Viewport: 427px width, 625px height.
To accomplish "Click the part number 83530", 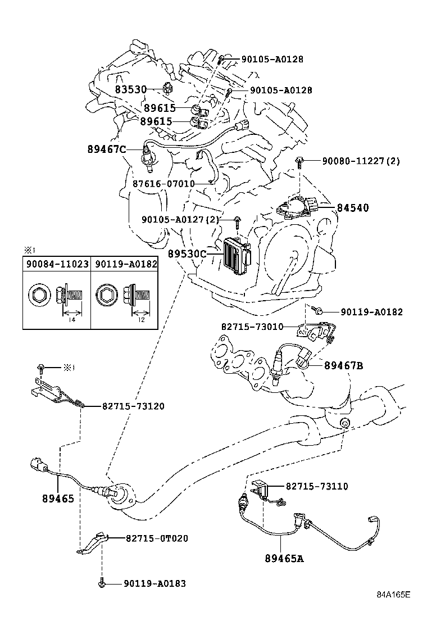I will [131, 89].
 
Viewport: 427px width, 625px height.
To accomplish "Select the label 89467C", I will [107, 149].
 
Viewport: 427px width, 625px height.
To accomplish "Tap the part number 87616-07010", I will [163, 183].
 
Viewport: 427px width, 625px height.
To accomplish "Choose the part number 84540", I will [353, 208].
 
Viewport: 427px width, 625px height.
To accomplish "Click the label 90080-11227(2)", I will [361, 161].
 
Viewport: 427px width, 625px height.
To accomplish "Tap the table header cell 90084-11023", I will [57, 263].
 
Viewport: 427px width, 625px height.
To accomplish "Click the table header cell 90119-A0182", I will [125, 263].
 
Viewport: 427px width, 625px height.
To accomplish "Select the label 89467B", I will [343, 366].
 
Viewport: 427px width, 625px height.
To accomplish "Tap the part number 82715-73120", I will [133, 405].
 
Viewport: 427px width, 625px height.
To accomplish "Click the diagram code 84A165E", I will [393, 610].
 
